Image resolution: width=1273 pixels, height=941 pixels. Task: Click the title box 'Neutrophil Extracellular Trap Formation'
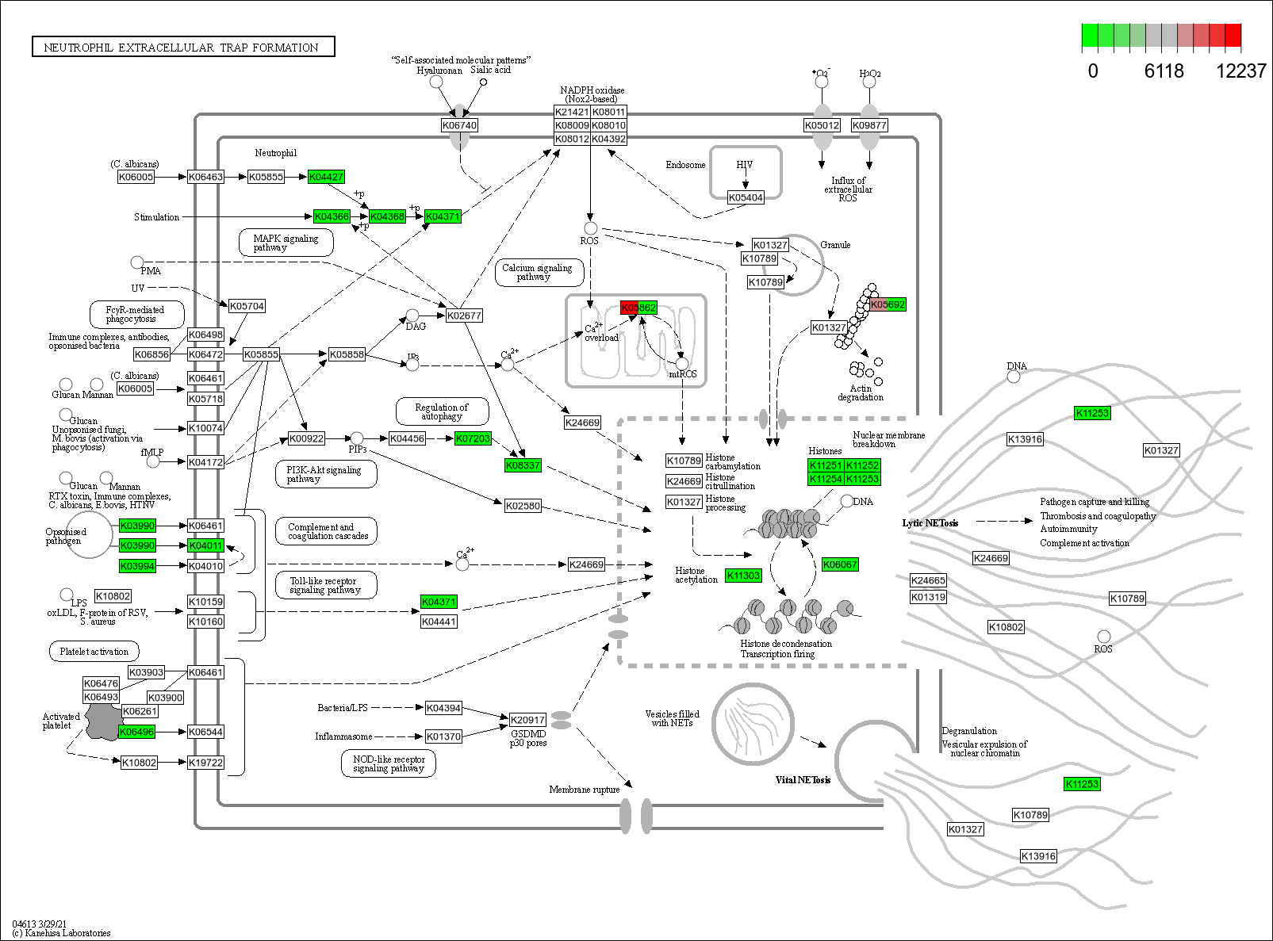[183, 48]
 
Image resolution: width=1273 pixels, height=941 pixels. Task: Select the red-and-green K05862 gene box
[638, 308]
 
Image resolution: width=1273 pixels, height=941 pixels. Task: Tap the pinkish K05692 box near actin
[888, 304]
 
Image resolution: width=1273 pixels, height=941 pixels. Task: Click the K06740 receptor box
[459, 125]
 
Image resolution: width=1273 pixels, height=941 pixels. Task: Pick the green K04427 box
[326, 177]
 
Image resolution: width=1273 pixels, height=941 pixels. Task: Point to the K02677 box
[464, 316]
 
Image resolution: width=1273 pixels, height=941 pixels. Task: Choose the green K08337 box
[523, 465]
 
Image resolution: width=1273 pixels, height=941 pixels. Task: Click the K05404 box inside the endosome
[746, 197]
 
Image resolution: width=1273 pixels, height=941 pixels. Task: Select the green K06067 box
[840, 564]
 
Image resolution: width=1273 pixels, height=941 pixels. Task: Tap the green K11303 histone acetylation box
[743, 576]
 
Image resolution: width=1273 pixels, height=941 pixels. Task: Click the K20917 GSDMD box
[527, 720]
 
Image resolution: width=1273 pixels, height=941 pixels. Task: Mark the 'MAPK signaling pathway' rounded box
[286, 243]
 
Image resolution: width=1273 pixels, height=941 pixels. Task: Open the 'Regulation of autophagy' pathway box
[442, 411]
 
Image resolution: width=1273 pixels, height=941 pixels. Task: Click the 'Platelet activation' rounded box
[94, 652]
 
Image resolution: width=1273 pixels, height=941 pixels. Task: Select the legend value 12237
[1240, 71]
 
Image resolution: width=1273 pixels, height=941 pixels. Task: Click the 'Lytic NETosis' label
[930, 523]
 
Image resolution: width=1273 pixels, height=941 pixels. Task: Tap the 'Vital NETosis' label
[803, 780]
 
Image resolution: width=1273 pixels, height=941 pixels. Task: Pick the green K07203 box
[474, 438]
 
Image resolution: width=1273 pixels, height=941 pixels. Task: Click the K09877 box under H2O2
[869, 125]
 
